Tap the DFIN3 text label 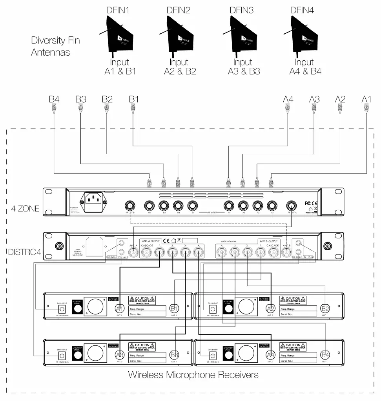pos(242,11)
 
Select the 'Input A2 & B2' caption pos(179,67)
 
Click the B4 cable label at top pos(54,99)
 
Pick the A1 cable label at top pos(366,99)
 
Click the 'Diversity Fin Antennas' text pos(55,46)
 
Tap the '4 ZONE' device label pos(23,208)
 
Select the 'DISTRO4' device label pos(24,251)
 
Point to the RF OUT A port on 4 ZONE pos(291,205)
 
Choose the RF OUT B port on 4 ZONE pos(130,205)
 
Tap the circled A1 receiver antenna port pos(120,308)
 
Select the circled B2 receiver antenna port pos(325,308)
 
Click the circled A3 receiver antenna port pos(120,355)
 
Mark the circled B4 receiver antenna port pos(325,355)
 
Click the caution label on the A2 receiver pos(293,300)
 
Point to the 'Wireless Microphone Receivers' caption pos(193,375)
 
